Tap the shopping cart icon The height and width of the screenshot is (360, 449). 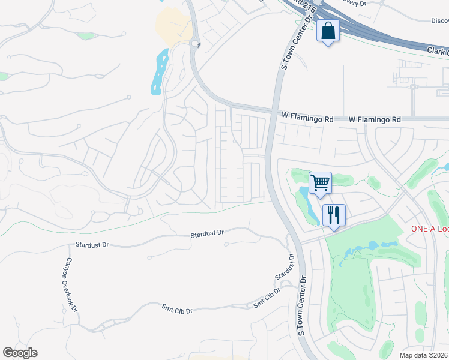[320, 182]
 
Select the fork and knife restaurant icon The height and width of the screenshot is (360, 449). [333, 214]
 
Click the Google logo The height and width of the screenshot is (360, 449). [20, 353]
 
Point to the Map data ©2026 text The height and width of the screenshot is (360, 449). [423, 355]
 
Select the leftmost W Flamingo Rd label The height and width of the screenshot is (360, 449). [307, 119]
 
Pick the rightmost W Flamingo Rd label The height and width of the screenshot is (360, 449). [375, 120]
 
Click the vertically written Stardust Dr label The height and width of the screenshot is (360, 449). [286, 266]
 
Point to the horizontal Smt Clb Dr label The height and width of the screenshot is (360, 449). [177, 310]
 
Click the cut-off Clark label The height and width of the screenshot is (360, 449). [438, 52]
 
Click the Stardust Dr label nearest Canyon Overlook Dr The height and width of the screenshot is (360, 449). [92, 245]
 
